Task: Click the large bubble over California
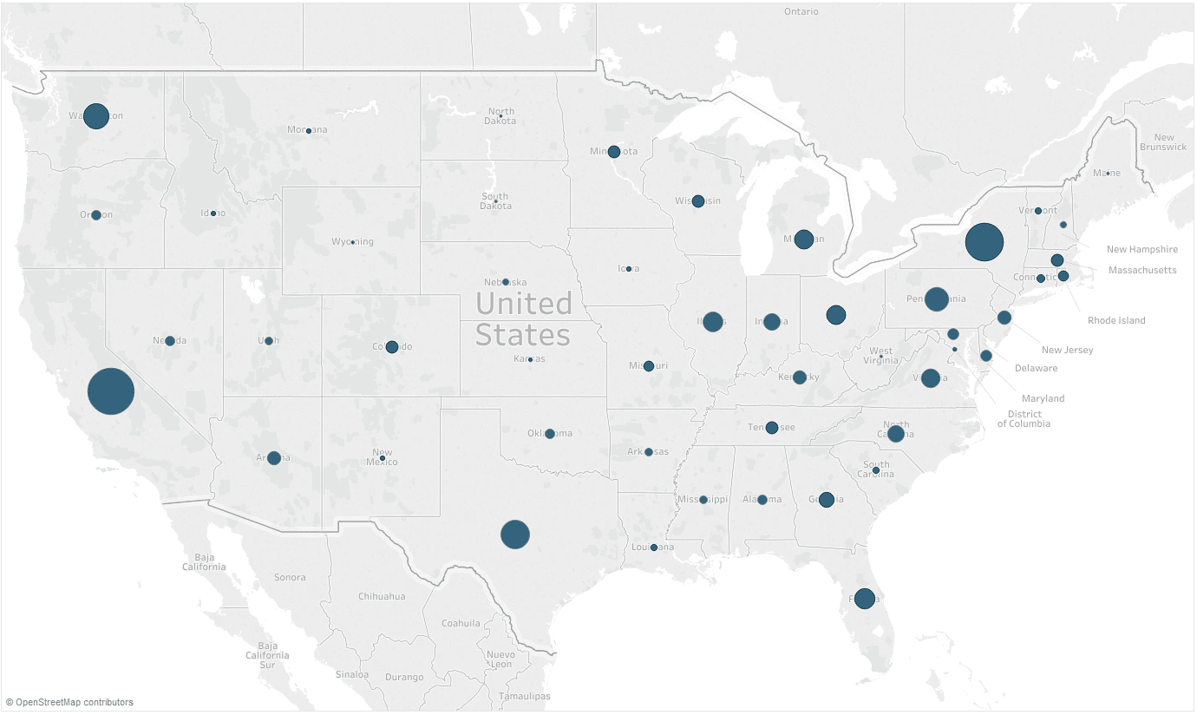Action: tap(111, 391)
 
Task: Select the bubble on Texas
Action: tap(515, 535)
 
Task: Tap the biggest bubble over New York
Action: tap(984, 242)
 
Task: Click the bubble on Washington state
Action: tap(96, 115)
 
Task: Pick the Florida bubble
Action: tap(864, 598)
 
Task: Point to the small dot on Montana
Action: tap(309, 131)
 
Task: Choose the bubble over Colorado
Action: tap(392, 347)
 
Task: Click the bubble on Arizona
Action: tap(274, 458)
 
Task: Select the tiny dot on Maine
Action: tap(1108, 173)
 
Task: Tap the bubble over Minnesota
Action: tap(614, 152)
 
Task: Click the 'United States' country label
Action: tap(523, 319)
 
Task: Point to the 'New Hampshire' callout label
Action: tap(1141, 250)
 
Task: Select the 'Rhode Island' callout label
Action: tap(1116, 320)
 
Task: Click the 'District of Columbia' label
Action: tap(1024, 419)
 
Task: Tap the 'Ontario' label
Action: tap(801, 12)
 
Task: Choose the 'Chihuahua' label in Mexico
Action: tap(382, 596)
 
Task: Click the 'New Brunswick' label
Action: tap(1163, 142)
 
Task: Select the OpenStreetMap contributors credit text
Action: tap(69, 702)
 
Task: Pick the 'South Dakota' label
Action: tap(494, 201)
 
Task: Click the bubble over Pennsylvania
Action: tap(937, 299)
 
